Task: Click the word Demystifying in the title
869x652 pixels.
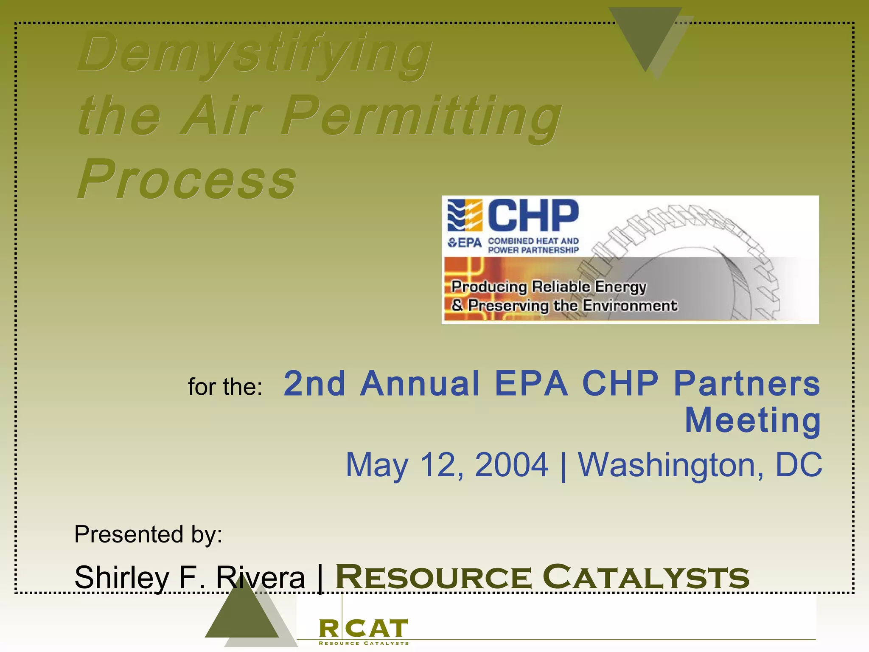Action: tap(255, 53)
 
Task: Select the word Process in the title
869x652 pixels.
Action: tap(187, 179)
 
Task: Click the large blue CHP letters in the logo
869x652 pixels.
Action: tap(533, 216)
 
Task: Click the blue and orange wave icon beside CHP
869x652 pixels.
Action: tap(465, 215)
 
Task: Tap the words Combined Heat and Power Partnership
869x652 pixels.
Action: tap(533, 245)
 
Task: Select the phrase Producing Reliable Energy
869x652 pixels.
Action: tap(548, 287)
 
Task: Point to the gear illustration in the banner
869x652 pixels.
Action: tap(696, 263)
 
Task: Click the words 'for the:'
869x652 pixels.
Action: tap(225, 387)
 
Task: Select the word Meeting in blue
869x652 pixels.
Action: tap(753, 420)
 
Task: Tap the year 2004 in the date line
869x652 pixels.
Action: tap(511, 465)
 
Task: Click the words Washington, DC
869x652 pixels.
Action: tap(700, 465)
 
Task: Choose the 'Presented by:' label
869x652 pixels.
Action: tap(148, 534)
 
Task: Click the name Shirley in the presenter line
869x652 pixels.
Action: tap(121, 577)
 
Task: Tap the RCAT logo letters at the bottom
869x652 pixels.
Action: tap(363, 629)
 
